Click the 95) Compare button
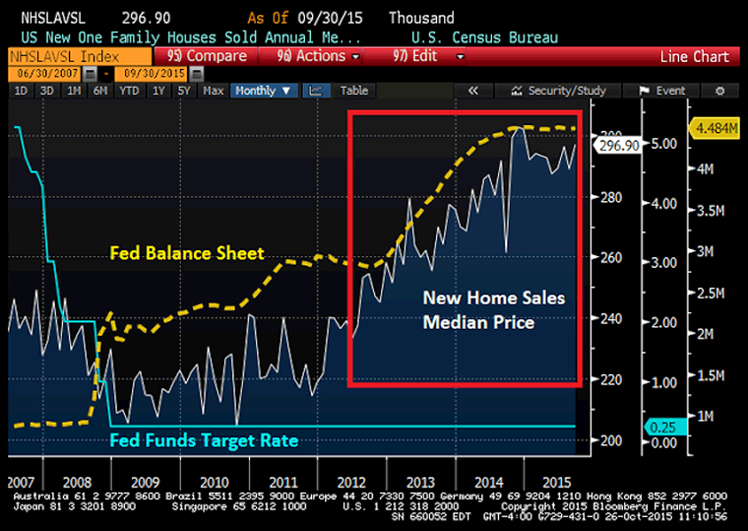tap(207, 56)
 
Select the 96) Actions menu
tap(314, 56)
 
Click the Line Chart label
tap(695, 57)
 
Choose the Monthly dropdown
tap(264, 91)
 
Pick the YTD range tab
tap(129, 91)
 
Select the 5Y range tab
tap(182, 91)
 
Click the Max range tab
tap(213, 91)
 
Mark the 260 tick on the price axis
tap(611, 258)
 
